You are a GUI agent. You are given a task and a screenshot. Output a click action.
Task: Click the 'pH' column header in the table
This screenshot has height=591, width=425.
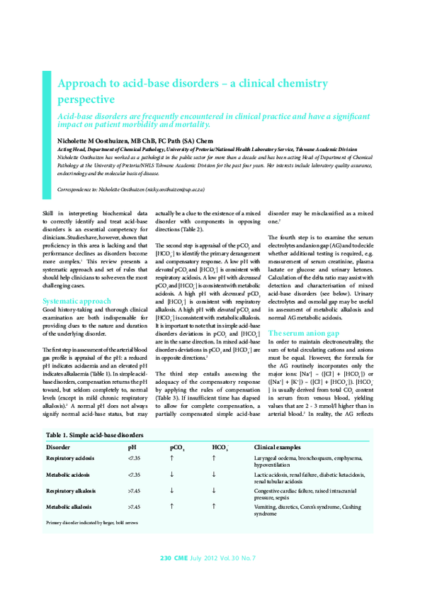132,448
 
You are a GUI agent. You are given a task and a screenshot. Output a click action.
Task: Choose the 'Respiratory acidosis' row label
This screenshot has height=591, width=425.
70,459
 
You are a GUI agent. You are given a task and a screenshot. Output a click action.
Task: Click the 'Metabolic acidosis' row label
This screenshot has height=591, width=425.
68,475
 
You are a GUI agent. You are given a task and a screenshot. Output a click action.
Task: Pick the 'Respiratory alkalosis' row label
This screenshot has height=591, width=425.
70,490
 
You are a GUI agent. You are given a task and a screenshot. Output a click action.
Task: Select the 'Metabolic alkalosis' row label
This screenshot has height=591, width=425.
68,507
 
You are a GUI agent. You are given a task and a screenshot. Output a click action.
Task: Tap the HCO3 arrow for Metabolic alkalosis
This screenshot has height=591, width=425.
213,507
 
